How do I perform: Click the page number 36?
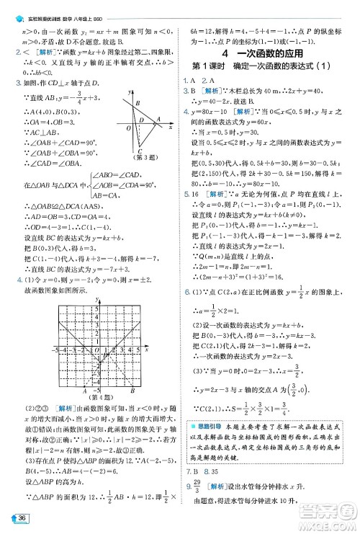pyautogui.click(x=24, y=520)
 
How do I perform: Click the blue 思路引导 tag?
pyautogui.click(x=204, y=409)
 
